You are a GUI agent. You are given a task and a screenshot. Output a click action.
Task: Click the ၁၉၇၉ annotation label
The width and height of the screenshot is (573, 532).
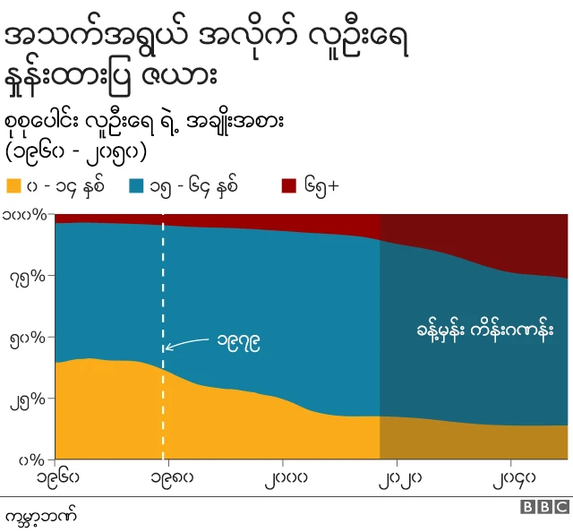(239, 341)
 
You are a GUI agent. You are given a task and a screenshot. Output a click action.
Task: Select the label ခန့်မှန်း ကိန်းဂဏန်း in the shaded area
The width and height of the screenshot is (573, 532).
(473, 330)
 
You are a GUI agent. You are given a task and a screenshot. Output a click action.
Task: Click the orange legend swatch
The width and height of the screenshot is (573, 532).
(13, 186)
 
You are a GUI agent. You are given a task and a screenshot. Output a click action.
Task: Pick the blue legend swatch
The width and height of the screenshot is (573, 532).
(136, 186)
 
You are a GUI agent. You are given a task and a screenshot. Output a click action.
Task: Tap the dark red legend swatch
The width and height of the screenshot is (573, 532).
(289, 186)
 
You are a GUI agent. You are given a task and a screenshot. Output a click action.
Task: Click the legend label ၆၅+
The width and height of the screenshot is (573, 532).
(321, 186)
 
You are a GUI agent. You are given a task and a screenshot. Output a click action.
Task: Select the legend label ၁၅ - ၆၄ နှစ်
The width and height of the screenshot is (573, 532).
(195, 186)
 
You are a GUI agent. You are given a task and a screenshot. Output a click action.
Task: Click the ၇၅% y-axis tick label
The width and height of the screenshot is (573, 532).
(29, 276)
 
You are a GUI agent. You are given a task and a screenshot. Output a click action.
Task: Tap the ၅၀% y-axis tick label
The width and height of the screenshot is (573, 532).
(29, 338)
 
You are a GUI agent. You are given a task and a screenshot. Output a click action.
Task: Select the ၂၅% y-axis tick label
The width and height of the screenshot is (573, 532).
(29, 399)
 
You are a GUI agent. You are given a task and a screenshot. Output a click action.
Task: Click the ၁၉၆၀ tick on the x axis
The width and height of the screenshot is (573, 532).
(57, 476)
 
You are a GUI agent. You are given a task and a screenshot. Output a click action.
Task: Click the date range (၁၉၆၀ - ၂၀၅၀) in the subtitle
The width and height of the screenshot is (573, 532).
(75, 148)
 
